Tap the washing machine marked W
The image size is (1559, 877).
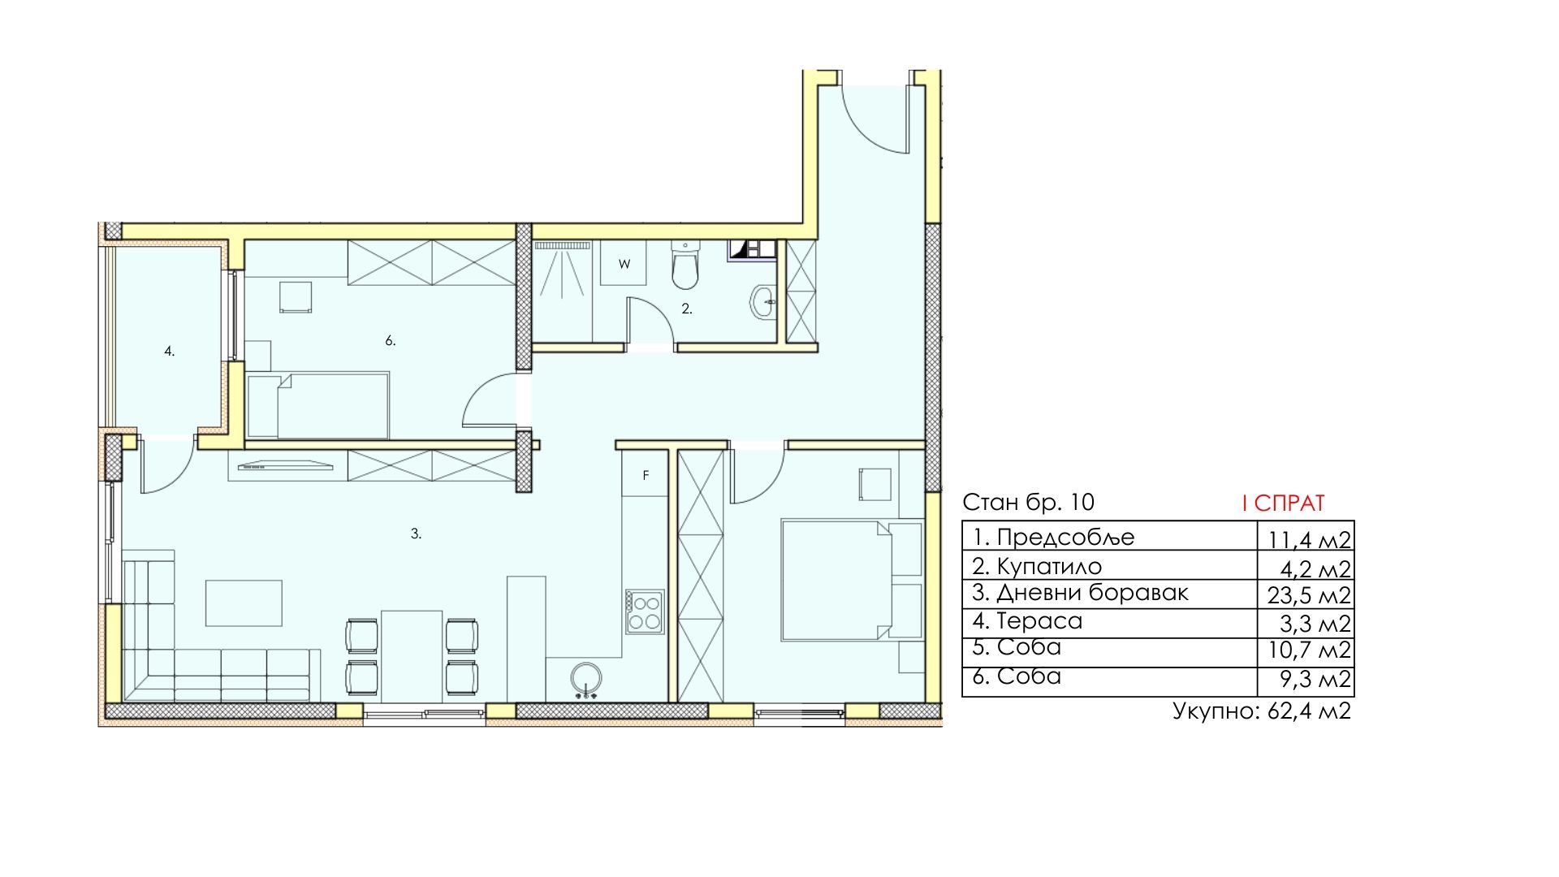(624, 263)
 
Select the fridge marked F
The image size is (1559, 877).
(646, 474)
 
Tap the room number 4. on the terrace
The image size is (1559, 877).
(169, 352)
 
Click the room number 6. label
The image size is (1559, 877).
(391, 341)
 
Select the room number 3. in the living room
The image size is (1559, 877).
(416, 534)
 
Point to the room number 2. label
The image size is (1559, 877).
(687, 309)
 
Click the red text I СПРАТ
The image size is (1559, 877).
(1283, 503)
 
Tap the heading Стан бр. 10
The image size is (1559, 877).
(1028, 502)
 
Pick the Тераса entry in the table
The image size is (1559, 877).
(1028, 621)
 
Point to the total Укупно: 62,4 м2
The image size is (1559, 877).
(1262, 711)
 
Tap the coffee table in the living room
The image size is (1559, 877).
(244, 603)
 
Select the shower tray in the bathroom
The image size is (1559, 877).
(561, 292)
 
